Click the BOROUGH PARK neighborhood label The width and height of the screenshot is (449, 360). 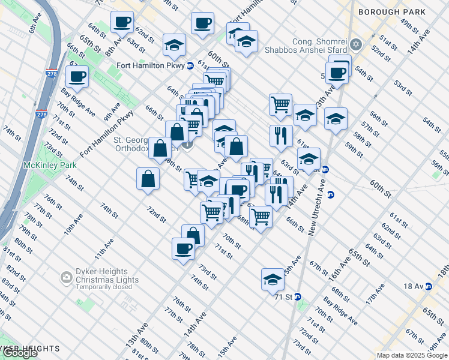(x=400, y=12)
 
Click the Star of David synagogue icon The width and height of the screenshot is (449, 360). (x=355, y=45)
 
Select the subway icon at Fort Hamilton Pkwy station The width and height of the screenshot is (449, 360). (x=190, y=65)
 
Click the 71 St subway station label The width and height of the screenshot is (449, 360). (x=283, y=297)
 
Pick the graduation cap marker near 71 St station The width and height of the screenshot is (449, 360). (x=273, y=280)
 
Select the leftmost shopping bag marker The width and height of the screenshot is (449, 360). (x=148, y=178)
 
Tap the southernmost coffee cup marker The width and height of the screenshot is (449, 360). (x=183, y=248)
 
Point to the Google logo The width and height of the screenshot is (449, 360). (x=20, y=353)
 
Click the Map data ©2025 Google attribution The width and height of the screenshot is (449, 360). (x=412, y=355)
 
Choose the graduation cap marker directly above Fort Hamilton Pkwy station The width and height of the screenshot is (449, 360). (x=174, y=45)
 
